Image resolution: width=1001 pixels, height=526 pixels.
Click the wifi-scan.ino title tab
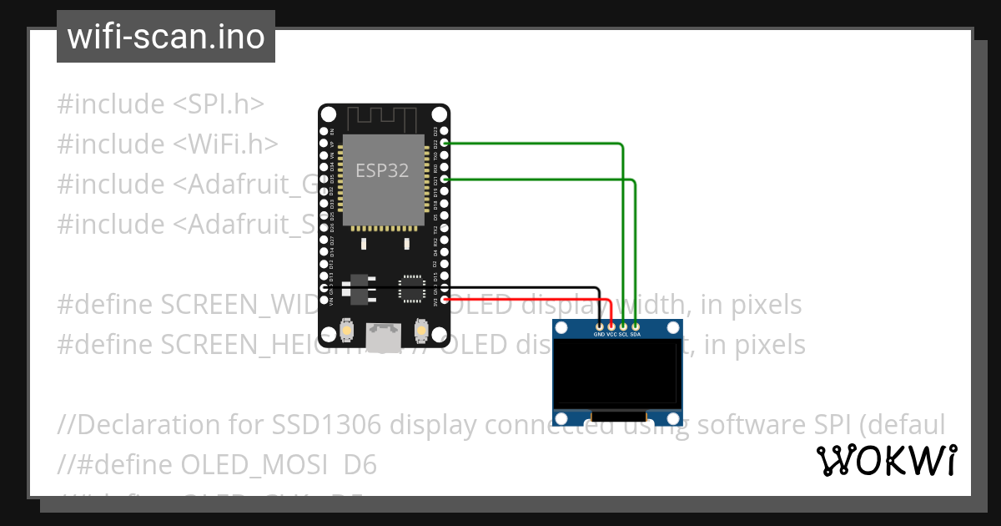tap(166, 37)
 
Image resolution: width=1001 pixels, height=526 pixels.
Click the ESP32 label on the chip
tap(382, 170)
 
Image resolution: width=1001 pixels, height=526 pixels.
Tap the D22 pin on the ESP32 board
tap(445, 144)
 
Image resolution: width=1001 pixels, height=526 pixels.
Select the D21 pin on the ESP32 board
tap(445, 180)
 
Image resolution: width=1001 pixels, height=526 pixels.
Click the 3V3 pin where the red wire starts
tap(445, 300)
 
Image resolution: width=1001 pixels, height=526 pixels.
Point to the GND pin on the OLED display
tap(599, 326)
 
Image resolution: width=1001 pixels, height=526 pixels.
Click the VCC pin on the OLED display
tap(611, 326)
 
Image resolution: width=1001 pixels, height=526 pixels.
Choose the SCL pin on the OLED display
tap(623, 326)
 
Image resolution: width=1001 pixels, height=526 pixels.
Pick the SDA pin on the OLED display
tap(636, 326)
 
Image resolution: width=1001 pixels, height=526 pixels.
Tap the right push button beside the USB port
tap(421, 332)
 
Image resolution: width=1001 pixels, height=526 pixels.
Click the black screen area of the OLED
tap(618, 373)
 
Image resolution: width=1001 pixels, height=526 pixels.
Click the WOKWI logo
tap(887, 460)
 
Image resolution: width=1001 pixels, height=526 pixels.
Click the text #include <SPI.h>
tap(161, 104)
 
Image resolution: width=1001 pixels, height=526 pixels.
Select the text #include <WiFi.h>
tap(168, 144)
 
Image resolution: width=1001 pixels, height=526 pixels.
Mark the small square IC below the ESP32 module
tap(411, 288)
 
